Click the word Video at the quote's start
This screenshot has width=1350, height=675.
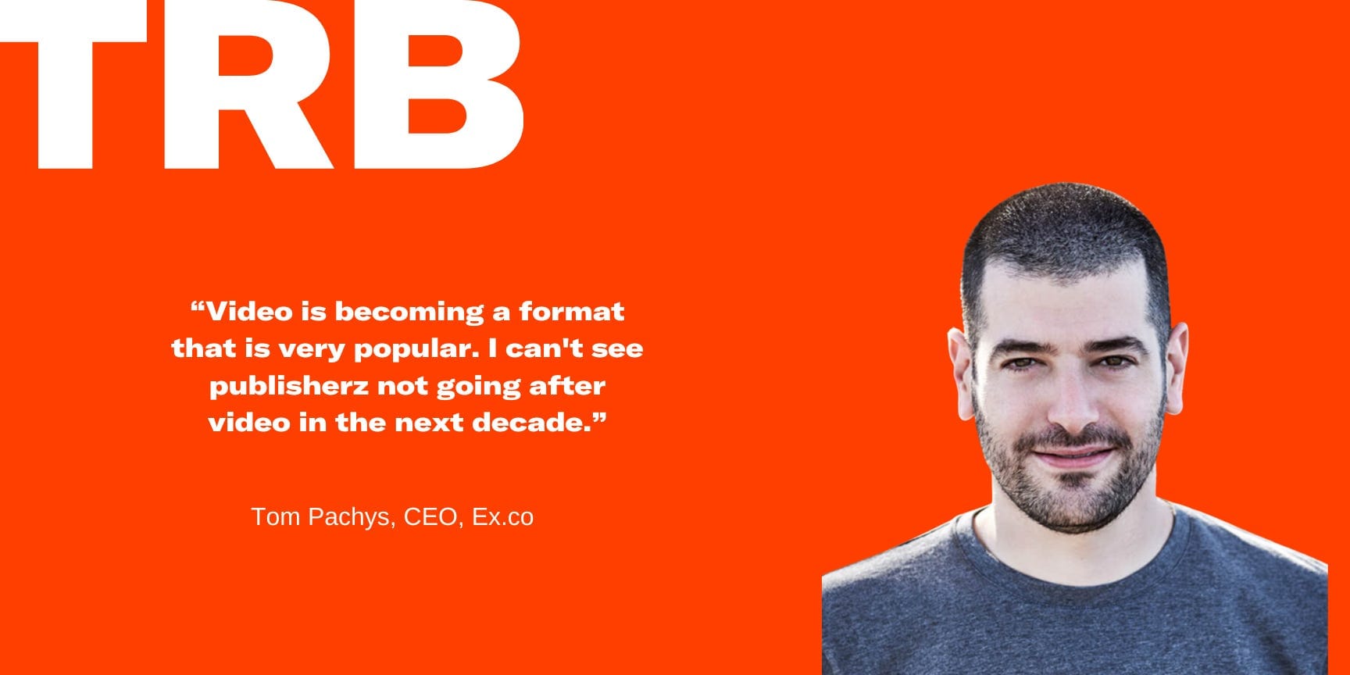point(249,312)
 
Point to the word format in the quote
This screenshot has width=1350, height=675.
point(571,312)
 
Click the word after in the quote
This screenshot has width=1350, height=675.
point(567,385)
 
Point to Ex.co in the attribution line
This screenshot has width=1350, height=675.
point(502,516)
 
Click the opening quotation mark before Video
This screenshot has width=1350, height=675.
point(198,305)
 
